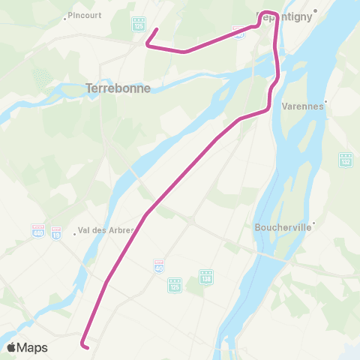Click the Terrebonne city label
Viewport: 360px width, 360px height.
pyautogui.click(x=118, y=88)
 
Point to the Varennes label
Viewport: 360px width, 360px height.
pyautogui.click(x=302, y=106)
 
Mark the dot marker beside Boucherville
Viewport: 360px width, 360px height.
pyautogui.click(x=315, y=222)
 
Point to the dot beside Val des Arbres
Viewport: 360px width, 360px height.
pyautogui.click(x=75, y=232)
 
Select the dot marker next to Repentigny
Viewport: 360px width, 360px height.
pyautogui.click(x=316, y=10)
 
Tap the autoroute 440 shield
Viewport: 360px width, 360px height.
pyautogui.click(x=38, y=229)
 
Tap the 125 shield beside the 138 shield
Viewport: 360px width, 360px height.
pyautogui.click(x=175, y=283)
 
